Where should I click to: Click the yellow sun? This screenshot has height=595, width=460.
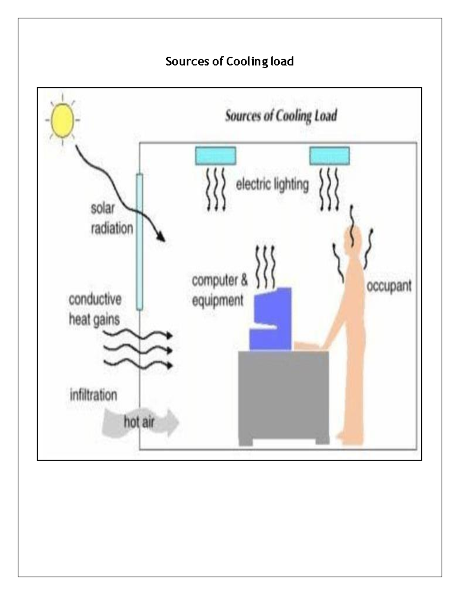(62, 120)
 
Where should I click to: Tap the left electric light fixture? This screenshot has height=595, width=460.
(215, 156)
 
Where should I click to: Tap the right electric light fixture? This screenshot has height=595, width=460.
(330, 156)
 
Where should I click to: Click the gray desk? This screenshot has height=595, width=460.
(284, 395)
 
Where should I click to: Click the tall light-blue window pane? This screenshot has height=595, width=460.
(140, 241)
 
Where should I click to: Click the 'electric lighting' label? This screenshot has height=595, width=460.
(272, 185)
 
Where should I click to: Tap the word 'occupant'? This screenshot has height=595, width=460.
(389, 286)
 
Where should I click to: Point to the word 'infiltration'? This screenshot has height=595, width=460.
(93, 395)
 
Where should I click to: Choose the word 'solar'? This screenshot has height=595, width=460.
(103, 208)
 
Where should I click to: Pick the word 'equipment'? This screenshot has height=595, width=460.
(217, 300)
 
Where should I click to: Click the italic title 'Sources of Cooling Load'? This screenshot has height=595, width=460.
(281, 116)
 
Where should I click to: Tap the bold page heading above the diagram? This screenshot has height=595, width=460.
(230, 61)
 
